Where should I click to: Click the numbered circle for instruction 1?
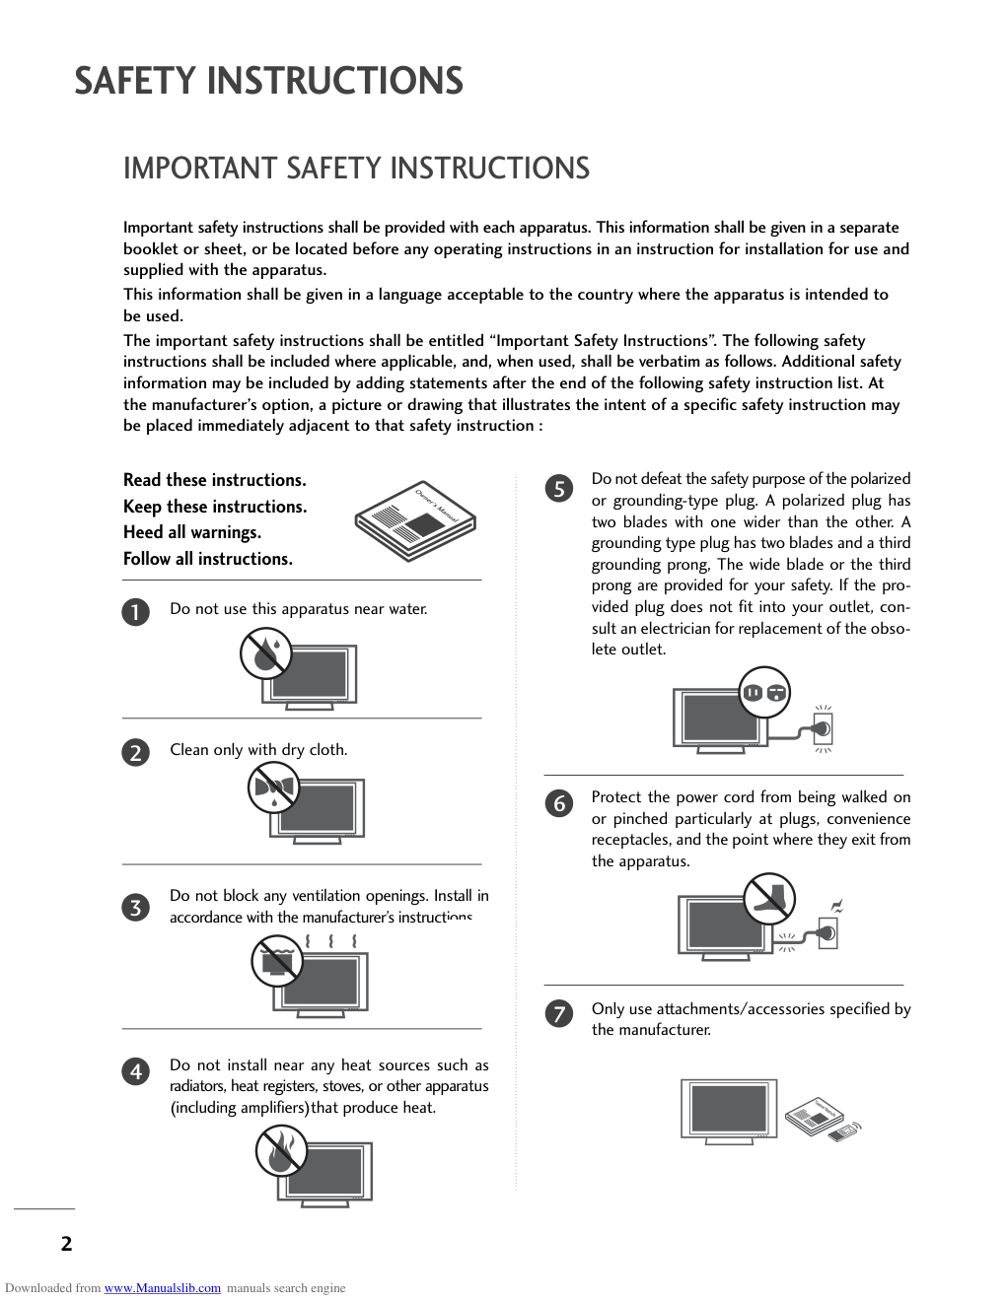click(136, 612)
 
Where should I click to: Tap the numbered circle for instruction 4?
click(136, 1071)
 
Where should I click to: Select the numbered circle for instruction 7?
click(559, 1013)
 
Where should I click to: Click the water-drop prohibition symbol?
click(265, 653)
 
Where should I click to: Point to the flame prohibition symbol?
click(281, 1150)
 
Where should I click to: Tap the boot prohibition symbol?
click(769, 898)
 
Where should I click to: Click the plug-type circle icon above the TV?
click(765, 692)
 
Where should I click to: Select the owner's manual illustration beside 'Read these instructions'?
click(415, 519)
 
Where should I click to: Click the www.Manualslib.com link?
click(163, 1288)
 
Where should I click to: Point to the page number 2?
click(66, 1244)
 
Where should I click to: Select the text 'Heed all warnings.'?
click(192, 532)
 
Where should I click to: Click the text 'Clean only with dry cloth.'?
click(258, 750)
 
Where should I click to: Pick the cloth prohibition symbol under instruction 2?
click(274, 787)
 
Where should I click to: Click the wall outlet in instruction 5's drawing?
click(823, 729)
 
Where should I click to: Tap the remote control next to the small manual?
click(845, 1130)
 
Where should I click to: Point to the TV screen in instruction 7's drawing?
click(729, 1108)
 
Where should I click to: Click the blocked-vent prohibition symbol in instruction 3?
click(277, 960)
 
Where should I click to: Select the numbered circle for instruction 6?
click(559, 803)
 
